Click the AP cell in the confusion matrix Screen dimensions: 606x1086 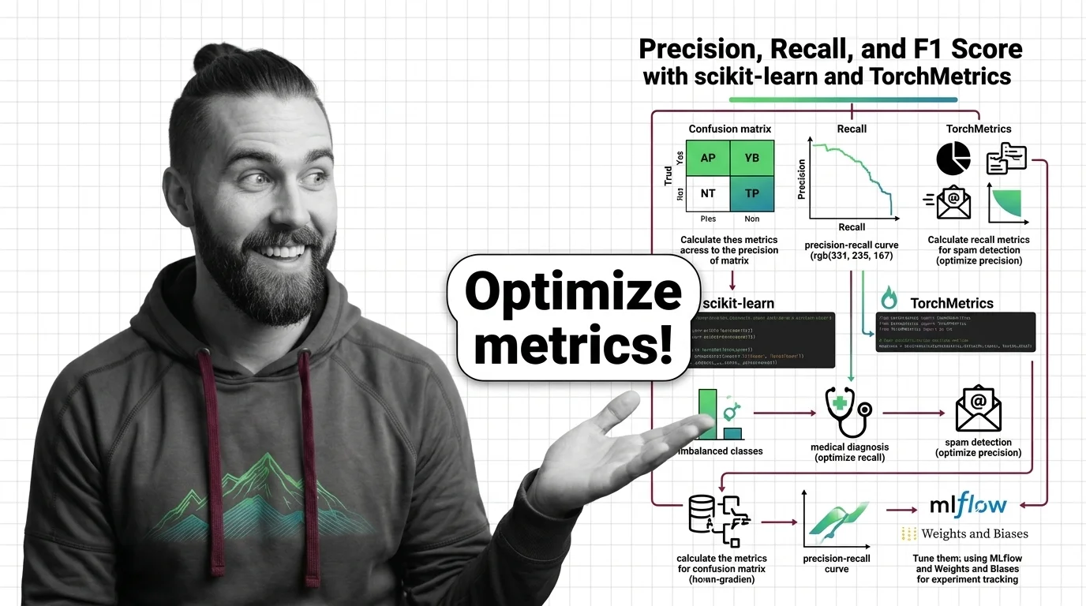708,158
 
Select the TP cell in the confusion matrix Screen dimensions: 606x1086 752,193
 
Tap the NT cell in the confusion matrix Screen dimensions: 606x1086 708,193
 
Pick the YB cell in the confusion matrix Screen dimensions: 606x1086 752,158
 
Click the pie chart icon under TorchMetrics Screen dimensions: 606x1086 953,159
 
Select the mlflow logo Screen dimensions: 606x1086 968,503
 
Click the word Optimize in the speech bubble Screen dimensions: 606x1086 573,292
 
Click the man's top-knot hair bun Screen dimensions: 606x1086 215,60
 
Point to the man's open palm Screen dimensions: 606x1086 608,450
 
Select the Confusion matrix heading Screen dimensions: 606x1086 729,129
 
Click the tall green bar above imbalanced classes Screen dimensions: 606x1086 707,414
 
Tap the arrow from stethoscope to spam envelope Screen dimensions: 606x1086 913,413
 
